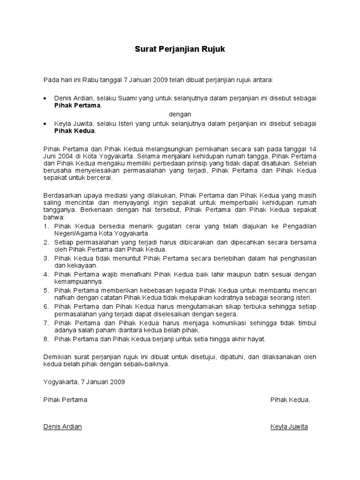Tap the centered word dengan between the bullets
[180, 114]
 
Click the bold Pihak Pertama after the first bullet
[77, 105]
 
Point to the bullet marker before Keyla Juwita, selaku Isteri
[45, 123]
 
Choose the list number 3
[46, 258]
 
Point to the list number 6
[46, 306]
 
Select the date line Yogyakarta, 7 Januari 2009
[84, 382]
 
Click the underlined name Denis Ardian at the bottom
[62, 427]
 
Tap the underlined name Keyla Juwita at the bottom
[289, 427]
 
